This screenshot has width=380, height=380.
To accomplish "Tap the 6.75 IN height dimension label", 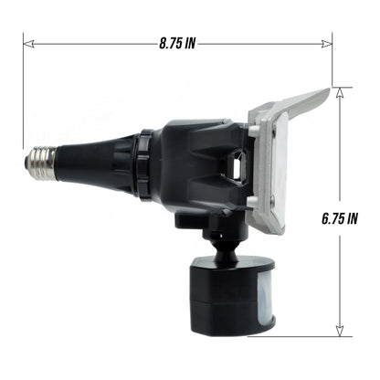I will click(339, 218).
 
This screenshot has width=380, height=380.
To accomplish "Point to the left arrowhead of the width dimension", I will click(27, 42).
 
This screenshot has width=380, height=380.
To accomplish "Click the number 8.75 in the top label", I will click(169, 42).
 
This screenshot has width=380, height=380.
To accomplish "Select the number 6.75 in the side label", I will click(331, 218).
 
